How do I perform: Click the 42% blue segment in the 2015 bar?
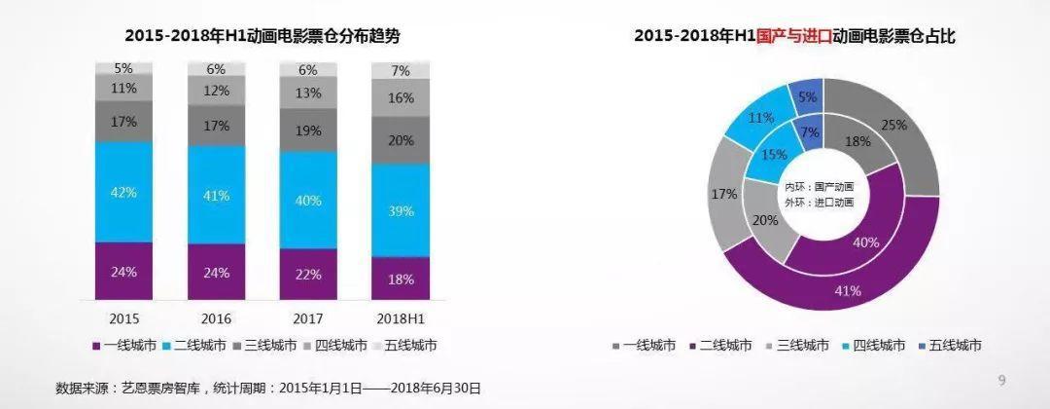[123, 192]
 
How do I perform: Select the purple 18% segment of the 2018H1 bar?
[400, 279]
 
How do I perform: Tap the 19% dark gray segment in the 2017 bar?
[308, 130]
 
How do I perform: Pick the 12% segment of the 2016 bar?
[216, 91]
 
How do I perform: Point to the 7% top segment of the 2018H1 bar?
[400, 71]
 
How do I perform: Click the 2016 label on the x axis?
[216, 318]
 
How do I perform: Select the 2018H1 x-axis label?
[400, 318]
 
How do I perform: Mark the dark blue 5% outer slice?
[808, 96]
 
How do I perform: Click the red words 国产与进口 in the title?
[790, 36]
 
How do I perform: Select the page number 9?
[1002, 379]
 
